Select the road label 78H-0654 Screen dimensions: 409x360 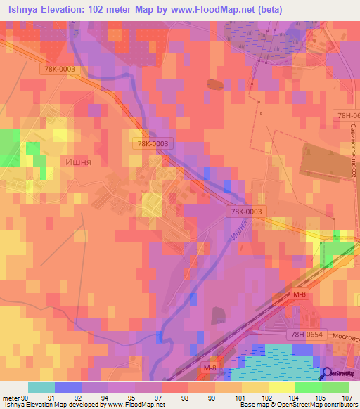point(304,337)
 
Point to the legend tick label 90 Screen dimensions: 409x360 point(26,398)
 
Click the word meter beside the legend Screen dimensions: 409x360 point(10,398)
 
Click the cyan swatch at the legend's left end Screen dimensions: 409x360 point(41,387)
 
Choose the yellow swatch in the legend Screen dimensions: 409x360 point(282,387)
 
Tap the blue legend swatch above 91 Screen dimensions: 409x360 point(68,387)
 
